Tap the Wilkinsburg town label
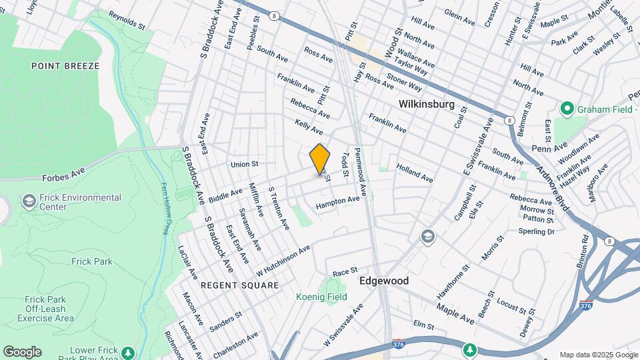pyautogui.click(x=427, y=105)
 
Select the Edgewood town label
pyautogui.click(x=384, y=281)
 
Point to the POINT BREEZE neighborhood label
pyautogui.click(x=65, y=66)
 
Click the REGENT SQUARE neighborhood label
pyautogui.click(x=221, y=285)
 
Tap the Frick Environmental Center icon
pyautogui.click(x=29, y=201)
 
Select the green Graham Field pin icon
pyautogui.click(x=567, y=108)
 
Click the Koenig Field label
pyautogui.click(x=322, y=297)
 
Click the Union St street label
pyautogui.click(x=244, y=164)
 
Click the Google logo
pyautogui.click(x=22, y=351)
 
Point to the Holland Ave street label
pyautogui.click(x=415, y=173)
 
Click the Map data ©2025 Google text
pyautogui.click(x=598, y=355)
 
